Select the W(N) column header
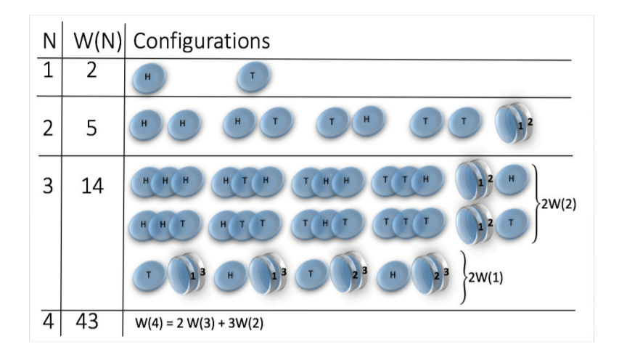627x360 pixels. (x=94, y=41)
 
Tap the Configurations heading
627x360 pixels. (x=201, y=41)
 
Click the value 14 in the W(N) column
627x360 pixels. (x=94, y=187)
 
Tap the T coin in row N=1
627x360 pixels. (x=253, y=75)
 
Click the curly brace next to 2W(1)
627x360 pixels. (x=465, y=278)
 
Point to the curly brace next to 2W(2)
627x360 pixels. (x=537, y=202)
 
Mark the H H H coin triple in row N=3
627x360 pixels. (x=166, y=181)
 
